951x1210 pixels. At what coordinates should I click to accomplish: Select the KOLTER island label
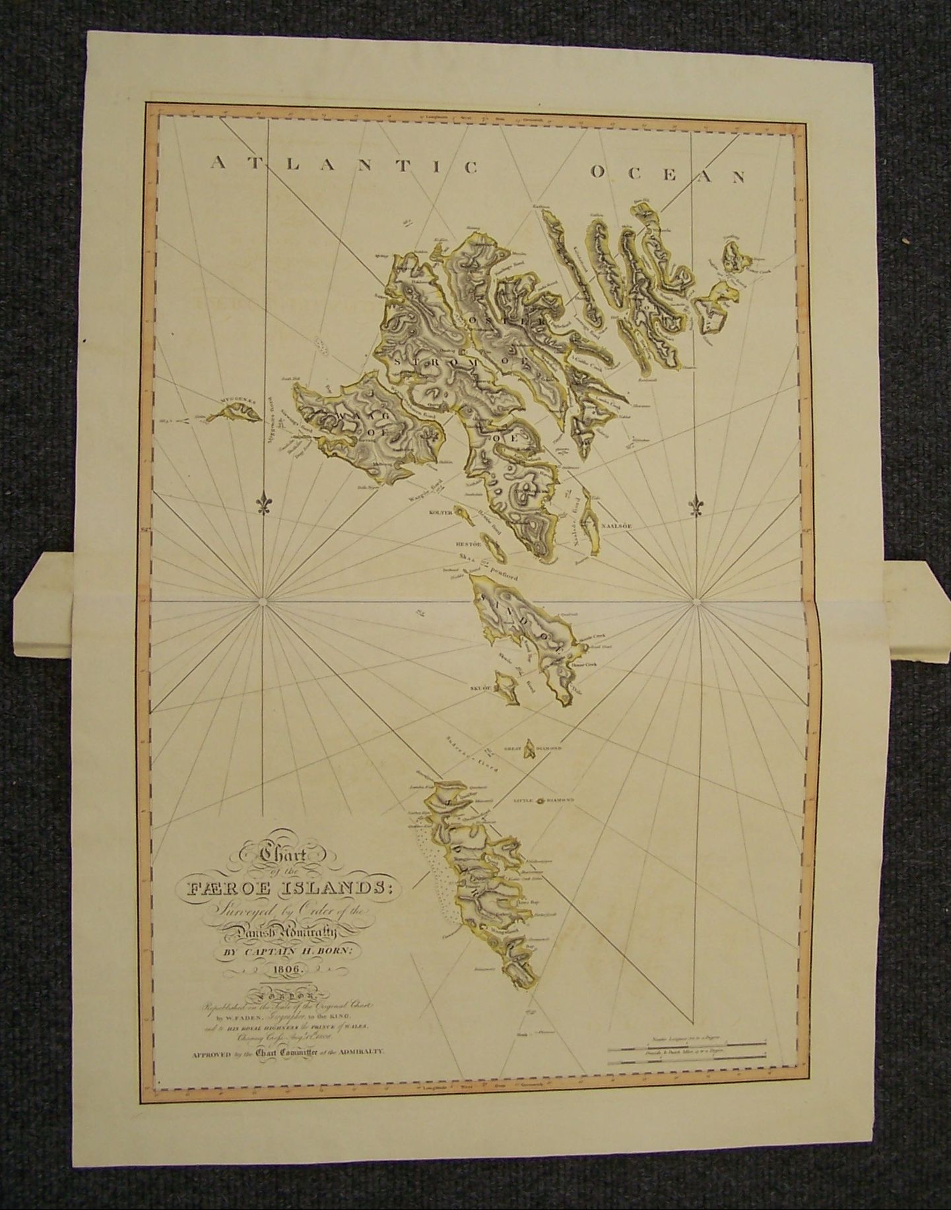[x=440, y=512]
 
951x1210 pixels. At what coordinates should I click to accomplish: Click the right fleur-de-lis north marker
[x=697, y=505]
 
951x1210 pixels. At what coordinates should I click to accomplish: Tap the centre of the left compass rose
[x=263, y=601]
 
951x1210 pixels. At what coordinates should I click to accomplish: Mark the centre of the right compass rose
[x=697, y=601]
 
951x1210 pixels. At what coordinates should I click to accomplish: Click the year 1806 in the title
[x=282, y=970]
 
